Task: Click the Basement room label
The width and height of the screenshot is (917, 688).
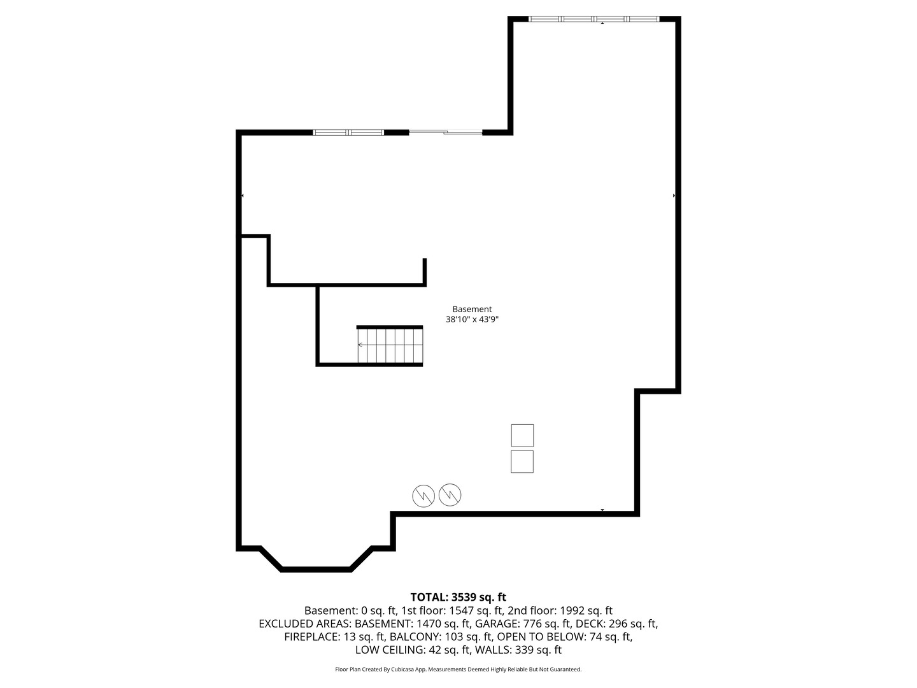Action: (472, 310)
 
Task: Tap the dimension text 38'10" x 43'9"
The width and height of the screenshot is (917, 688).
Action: (472, 320)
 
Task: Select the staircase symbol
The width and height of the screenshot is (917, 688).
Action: (390, 345)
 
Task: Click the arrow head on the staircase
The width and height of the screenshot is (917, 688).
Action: (360, 345)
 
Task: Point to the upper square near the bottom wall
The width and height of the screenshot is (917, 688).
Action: (522, 436)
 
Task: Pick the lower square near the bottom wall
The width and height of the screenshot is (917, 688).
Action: (522, 461)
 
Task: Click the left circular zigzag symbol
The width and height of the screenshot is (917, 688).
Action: (423, 496)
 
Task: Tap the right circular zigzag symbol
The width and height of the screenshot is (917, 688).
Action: (450, 494)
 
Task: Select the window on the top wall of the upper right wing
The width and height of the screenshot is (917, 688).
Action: (594, 19)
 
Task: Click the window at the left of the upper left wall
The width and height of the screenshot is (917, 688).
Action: (348, 133)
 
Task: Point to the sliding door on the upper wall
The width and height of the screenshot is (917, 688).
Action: (446, 133)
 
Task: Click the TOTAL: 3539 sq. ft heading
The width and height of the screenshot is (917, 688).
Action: (458, 598)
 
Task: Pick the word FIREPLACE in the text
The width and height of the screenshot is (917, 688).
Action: (313, 637)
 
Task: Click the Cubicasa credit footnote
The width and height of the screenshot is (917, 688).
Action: (458, 670)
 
